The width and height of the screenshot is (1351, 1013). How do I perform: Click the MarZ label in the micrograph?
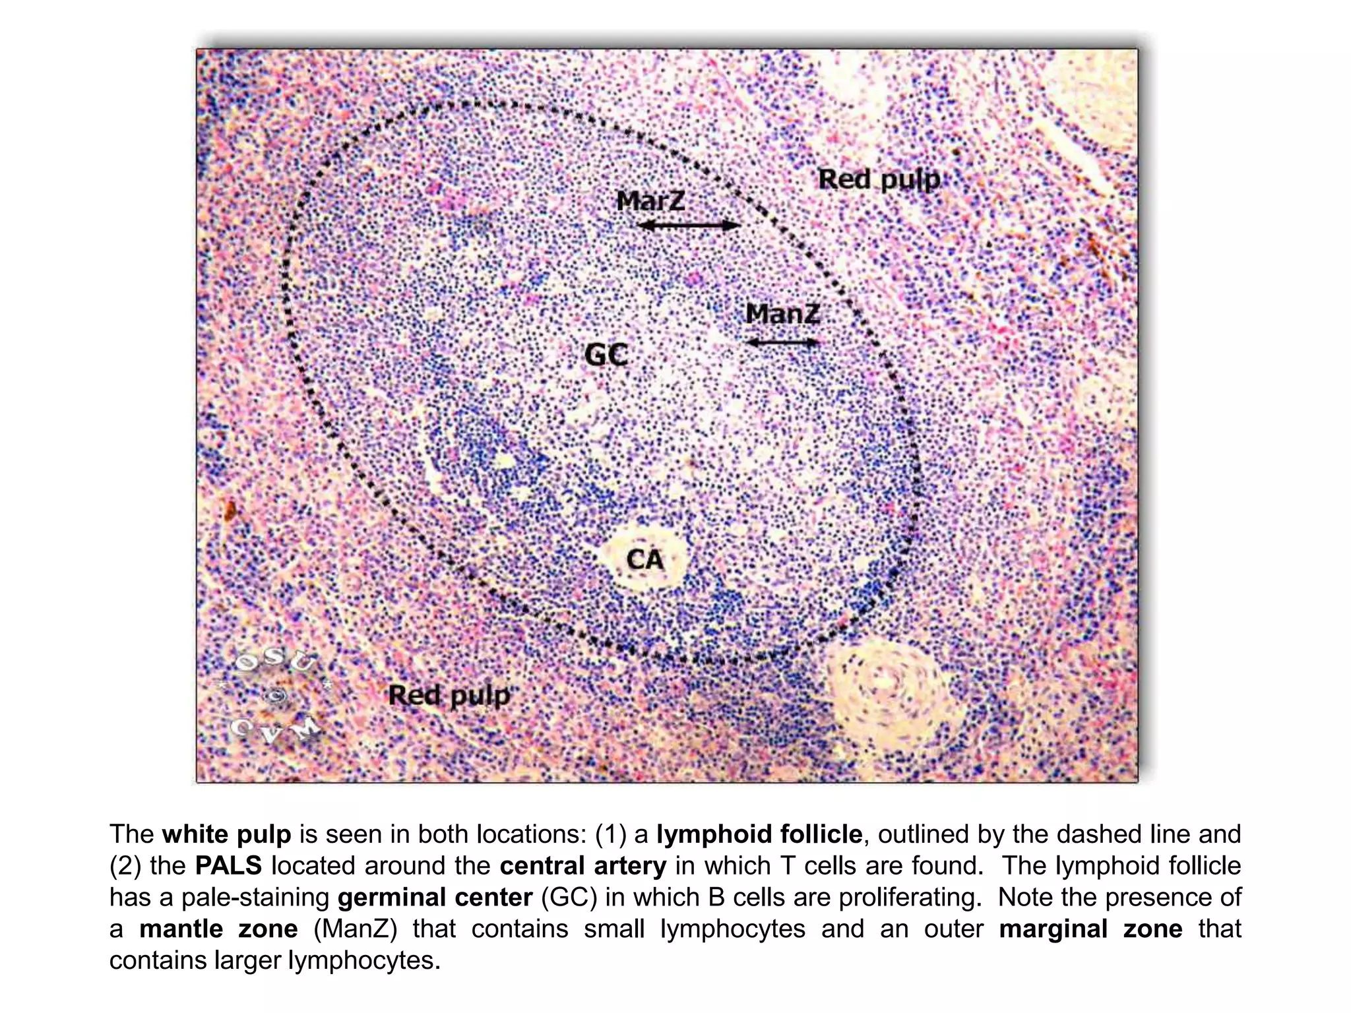click(650, 200)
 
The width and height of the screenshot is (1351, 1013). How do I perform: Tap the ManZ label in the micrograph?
click(782, 313)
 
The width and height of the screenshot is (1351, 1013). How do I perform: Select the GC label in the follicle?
click(606, 355)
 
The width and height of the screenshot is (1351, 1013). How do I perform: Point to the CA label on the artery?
click(644, 560)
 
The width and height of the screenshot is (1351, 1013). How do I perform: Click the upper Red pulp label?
click(879, 179)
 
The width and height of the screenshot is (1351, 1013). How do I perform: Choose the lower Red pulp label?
click(449, 695)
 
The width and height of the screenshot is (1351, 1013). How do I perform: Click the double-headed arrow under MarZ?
click(689, 226)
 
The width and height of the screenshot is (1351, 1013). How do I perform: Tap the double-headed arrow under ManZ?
click(782, 342)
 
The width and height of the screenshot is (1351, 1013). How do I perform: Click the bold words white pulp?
click(226, 834)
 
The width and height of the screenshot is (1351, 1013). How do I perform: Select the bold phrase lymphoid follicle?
click(759, 834)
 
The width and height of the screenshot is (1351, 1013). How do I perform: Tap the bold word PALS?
click(228, 866)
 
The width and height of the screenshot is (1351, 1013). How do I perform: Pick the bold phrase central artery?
click(582, 866)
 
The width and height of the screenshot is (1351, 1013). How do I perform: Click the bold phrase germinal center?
click(435, 898)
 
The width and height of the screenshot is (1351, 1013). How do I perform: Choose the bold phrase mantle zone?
click(218, 929)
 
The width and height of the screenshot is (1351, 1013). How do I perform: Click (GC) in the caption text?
click(569, 898)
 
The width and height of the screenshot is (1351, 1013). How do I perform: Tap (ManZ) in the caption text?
click(355, 929)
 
